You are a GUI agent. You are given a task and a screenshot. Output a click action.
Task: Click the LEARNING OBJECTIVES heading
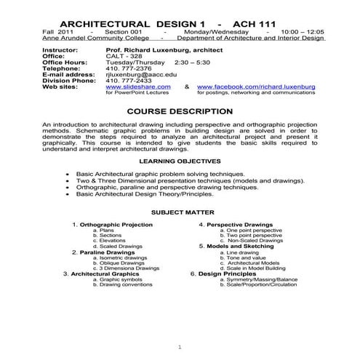(x=180, y=160)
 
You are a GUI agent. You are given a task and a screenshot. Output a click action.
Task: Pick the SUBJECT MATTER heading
(x=180, y=212)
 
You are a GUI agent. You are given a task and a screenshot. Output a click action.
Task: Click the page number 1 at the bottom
(x=180, y=346)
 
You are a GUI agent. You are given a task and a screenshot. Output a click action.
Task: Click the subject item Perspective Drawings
(x=237, y=225)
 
